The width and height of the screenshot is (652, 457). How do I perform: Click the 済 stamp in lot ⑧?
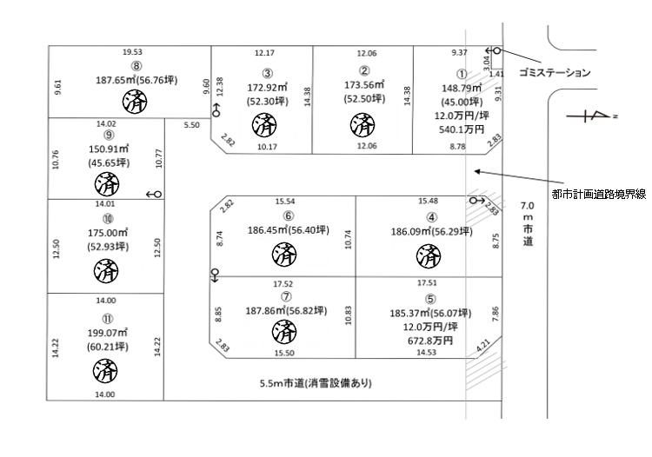[x=135, y=102]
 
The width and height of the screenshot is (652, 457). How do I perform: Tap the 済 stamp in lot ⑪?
[x=104, y=371]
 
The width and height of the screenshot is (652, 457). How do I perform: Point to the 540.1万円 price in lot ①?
[x=456, y=128]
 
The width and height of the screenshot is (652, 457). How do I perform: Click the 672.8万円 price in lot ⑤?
[x=431, y=341]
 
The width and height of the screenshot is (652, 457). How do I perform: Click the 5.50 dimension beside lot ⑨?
[x=191, y=126]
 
